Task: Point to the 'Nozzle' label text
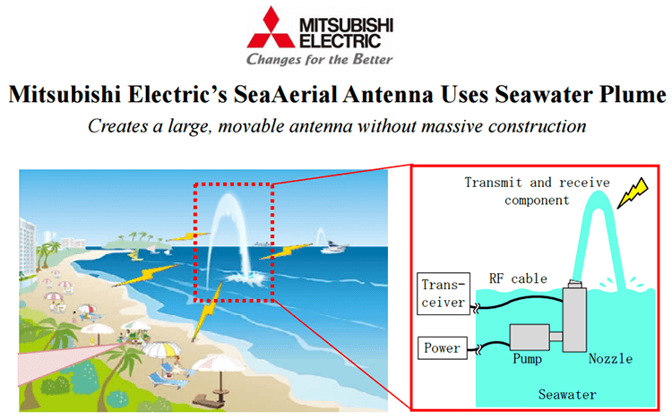coord(610,359)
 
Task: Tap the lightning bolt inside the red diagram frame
coord(634,190)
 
